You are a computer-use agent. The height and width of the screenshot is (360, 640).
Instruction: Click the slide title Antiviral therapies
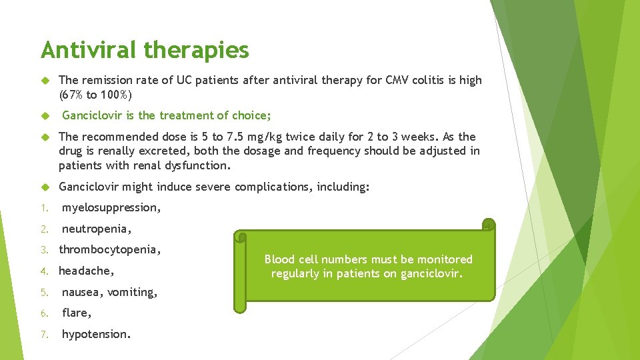(145, 50)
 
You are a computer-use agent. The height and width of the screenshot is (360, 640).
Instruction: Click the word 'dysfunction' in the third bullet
(198, 165)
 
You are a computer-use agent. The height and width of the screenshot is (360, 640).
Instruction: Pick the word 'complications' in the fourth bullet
(269, 187)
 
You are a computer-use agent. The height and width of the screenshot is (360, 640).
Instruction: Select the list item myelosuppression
(111, 208)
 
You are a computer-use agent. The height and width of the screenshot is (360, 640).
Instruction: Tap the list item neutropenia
(97, 229)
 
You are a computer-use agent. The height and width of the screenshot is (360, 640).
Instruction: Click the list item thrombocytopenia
(110, 250)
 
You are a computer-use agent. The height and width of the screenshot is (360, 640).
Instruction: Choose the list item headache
(87, 271)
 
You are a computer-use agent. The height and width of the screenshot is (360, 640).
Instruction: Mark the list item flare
(77, 313)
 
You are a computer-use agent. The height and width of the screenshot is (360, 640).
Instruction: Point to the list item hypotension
(96, 335)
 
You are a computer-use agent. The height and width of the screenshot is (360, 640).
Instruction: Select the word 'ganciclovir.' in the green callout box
(431, 274)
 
